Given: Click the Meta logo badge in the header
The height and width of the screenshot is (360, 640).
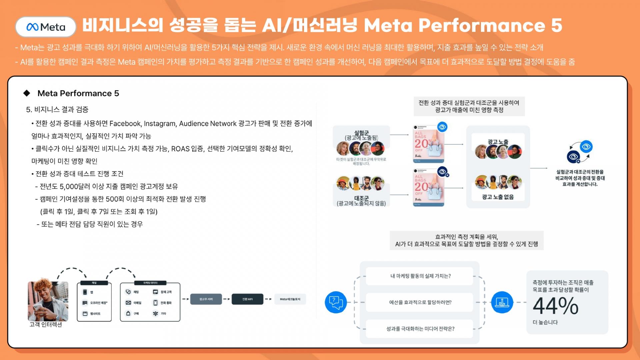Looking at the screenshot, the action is click(46, 27).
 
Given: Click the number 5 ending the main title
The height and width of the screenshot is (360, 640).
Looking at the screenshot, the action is click(556, 25).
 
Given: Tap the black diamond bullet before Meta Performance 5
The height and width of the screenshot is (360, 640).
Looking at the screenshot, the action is click(27, 93).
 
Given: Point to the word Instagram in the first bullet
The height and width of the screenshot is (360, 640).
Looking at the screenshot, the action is click(160, 124).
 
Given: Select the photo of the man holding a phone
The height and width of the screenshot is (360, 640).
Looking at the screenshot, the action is click(48, 301).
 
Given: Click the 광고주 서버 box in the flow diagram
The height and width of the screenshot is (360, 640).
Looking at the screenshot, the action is click(206, 299).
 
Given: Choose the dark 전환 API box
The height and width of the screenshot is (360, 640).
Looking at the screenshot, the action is click(247, 299).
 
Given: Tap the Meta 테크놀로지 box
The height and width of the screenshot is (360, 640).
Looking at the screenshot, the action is click(290, 299).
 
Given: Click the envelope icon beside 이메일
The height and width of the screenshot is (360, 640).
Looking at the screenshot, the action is click(128, 303).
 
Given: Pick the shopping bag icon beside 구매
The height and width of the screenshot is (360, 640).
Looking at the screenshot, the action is click(128, 313).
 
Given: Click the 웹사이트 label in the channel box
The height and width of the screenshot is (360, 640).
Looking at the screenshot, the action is click(95, 314).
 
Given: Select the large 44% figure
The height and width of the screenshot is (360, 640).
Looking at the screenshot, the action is click(555, 306).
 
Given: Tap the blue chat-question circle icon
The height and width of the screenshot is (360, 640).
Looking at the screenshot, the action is click(336, 302).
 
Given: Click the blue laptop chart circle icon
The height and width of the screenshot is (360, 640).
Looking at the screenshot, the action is click(502, 302).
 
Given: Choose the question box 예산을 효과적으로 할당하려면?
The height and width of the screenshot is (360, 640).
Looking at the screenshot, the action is click(420, 302).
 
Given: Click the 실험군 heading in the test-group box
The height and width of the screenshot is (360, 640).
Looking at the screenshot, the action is click(361, 133).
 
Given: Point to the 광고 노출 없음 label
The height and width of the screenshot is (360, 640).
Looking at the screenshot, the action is click(498, 197).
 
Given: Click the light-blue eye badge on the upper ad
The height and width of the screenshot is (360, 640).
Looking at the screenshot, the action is click(442, 127).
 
